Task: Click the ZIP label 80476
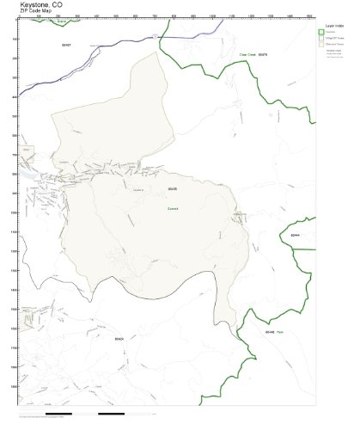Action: pos(263,54)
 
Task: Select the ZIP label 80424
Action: pos(119,339)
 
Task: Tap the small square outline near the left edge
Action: pos(27,150)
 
